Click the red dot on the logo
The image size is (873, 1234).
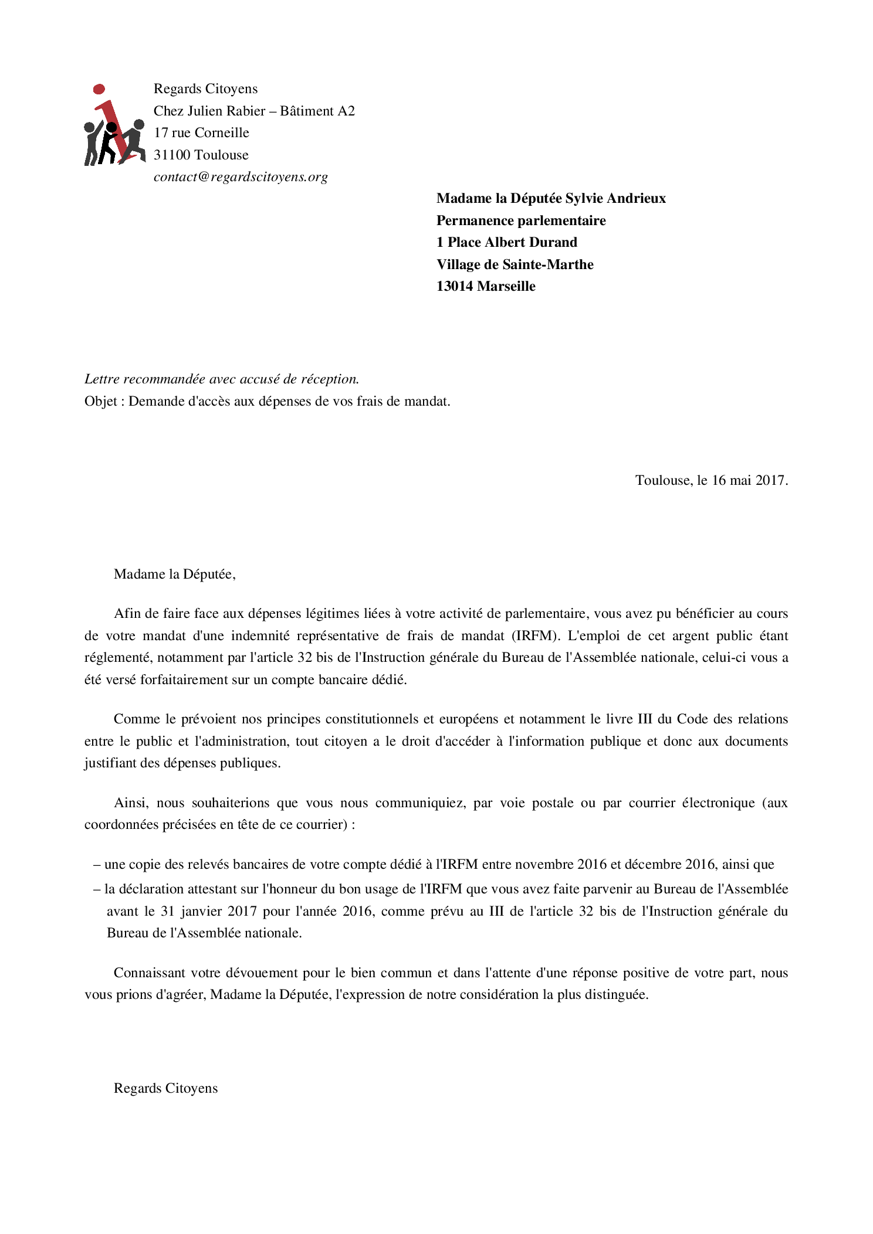click(99, 89)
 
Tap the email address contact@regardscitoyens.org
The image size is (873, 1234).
click(241, 177)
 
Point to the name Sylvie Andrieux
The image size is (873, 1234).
click(615, 198)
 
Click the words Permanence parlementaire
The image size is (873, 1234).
click(521, 220)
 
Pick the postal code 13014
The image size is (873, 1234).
click(454, 286)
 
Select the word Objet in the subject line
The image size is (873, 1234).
click(100, 402)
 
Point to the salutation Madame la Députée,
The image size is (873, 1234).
click(174, 574)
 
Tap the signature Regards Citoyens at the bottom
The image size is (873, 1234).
click(165, 1089)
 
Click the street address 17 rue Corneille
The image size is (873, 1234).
click(201, 133)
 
